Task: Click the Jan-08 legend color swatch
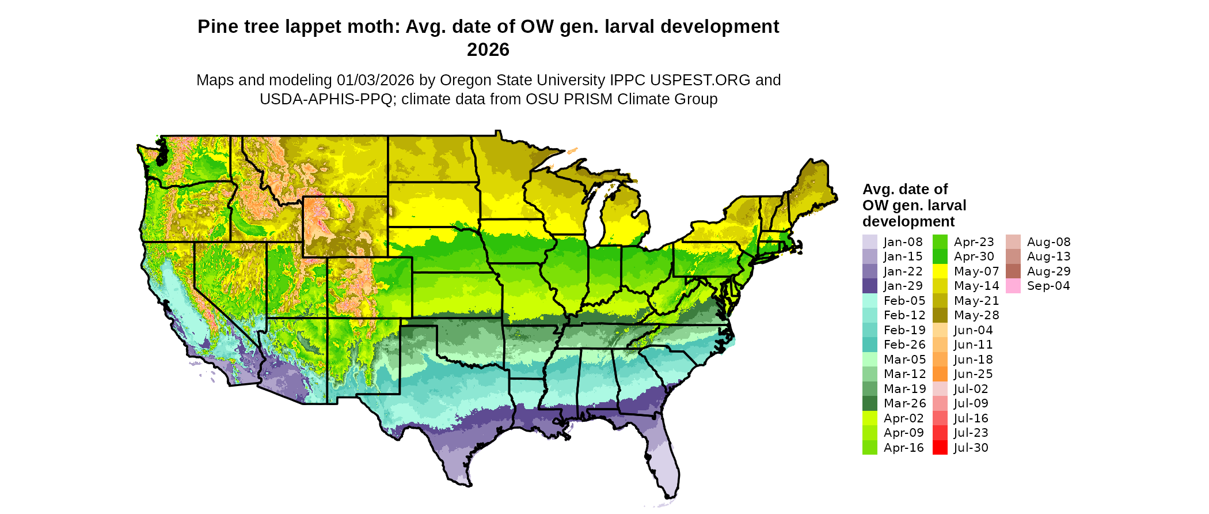click(869, 242)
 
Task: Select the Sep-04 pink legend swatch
click(1013, 286)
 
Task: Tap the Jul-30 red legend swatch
click(940, 448)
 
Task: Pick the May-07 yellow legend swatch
click(940, 271)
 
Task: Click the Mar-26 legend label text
click(904, 403)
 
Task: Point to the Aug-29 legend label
click(1048, 271)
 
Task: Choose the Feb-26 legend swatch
click(869, 345)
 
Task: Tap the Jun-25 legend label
click(973, 374)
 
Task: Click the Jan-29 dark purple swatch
click(869, 286)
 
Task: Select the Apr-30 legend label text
click(974, 256)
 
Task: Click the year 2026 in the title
click(488, 50)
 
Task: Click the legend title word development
click(908, 221)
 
